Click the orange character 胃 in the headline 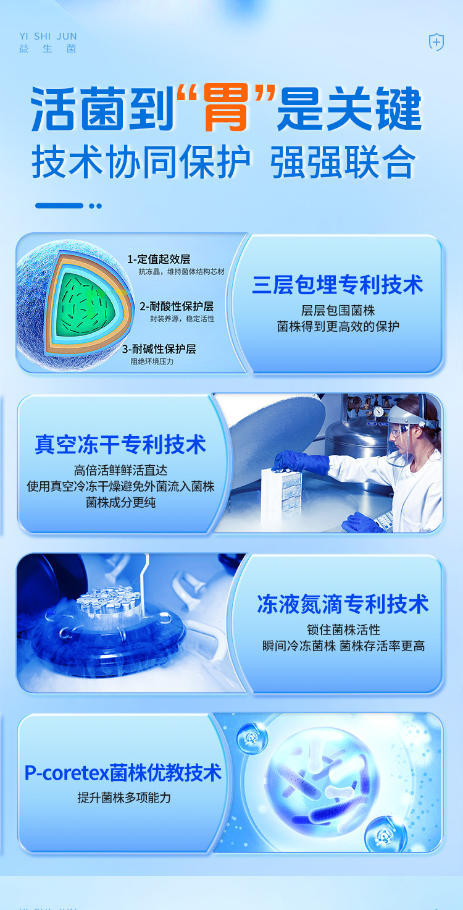tap(226, 107)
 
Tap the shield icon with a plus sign tap(436, 42)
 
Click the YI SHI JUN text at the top tap(48, 36)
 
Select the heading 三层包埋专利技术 tap(338, 284)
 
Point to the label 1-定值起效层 tap(159, 259)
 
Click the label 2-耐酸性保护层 tap(177, 306)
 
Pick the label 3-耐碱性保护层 tap(159, 349)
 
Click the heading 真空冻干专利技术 tap(120, 444)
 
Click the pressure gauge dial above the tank tap(378, 411)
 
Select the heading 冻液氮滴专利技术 tap(343, 604)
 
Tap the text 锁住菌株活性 tap(344, 630)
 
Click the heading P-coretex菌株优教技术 tap(123, 773)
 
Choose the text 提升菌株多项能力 tap(124, 798)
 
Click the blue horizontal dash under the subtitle tap(59, 206)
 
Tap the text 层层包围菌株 tap(338, 310)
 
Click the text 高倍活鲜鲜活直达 tap(120, 470)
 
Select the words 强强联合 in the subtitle tap(343, 162)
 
